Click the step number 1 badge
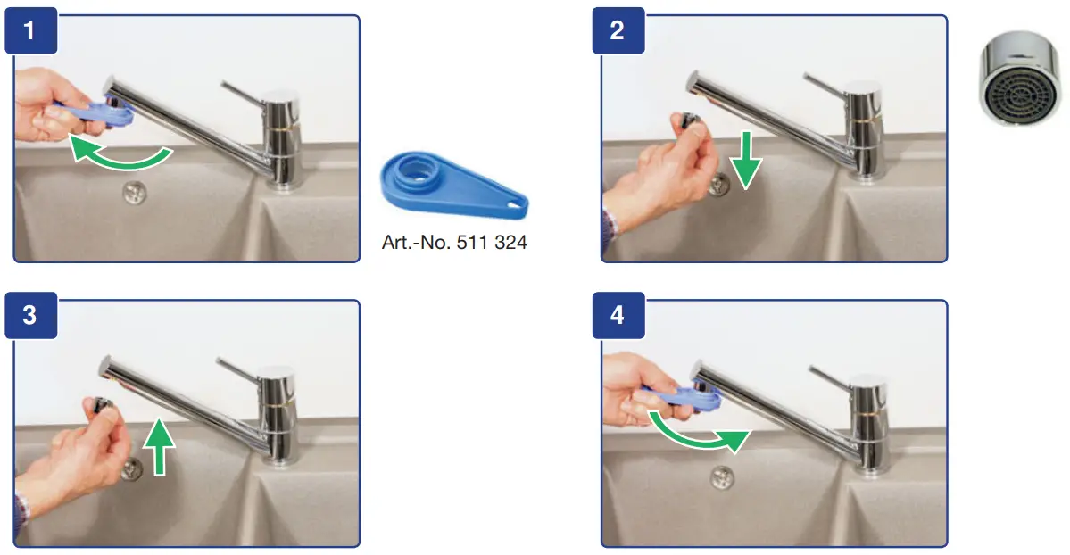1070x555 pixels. point(29,31)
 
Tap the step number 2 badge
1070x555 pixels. point(618,31)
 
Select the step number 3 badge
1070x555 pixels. point(29,316)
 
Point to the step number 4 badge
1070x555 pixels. point(618,316)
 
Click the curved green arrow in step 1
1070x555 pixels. point(120,153)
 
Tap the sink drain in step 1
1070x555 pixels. point(135,190)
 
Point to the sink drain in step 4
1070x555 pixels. point(722,476)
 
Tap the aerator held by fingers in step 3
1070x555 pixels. point(99,406)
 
